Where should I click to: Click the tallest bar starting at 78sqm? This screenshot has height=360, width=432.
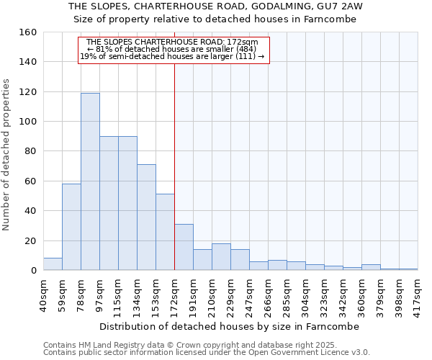click(x=90, y=181)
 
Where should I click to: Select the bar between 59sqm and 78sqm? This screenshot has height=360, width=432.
click(x=71, y=227)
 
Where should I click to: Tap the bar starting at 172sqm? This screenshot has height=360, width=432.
click(x=184, y=247)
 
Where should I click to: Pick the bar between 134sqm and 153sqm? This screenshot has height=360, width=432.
click(x=146, y=217)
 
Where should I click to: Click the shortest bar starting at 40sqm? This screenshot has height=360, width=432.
click(x=53, y=264)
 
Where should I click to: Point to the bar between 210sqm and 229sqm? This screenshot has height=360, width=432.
click(x=221, y=257)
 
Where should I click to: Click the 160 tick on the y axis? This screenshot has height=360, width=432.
click(x=28, y=32)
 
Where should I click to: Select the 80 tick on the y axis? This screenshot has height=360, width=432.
click(x=31, y=151)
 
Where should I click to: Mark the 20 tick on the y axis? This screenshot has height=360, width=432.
click(x=31, y=240)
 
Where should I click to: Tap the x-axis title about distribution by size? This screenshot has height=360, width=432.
click(x=230, y=326)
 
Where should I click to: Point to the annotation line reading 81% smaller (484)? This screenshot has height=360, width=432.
click(x=172, y=49)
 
